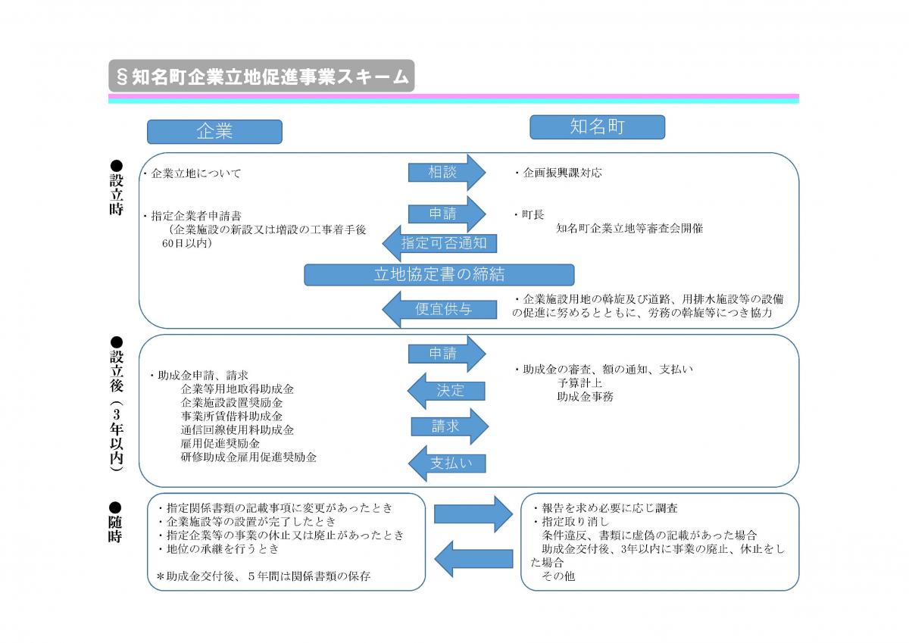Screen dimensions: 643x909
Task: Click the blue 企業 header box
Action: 214,132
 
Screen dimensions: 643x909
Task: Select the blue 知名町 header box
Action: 597,127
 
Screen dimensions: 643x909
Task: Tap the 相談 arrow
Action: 445,173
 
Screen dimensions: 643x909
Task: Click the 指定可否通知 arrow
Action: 439,243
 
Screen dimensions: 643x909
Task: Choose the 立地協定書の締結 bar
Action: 439,274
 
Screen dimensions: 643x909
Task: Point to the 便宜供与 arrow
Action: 439,309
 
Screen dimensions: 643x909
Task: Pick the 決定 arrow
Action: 446,391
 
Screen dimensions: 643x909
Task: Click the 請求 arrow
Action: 448,426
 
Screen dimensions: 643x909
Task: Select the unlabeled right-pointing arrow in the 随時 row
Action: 473,514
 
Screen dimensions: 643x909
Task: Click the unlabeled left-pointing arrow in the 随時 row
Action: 473,559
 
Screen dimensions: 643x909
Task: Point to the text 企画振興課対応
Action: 561,173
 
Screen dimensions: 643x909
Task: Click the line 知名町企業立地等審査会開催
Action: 629,228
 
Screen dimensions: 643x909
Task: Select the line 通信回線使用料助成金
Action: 237,429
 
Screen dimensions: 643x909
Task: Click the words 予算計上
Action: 579,382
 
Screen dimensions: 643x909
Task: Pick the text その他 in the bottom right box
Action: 558,576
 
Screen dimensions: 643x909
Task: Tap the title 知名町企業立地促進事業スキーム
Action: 261,76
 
